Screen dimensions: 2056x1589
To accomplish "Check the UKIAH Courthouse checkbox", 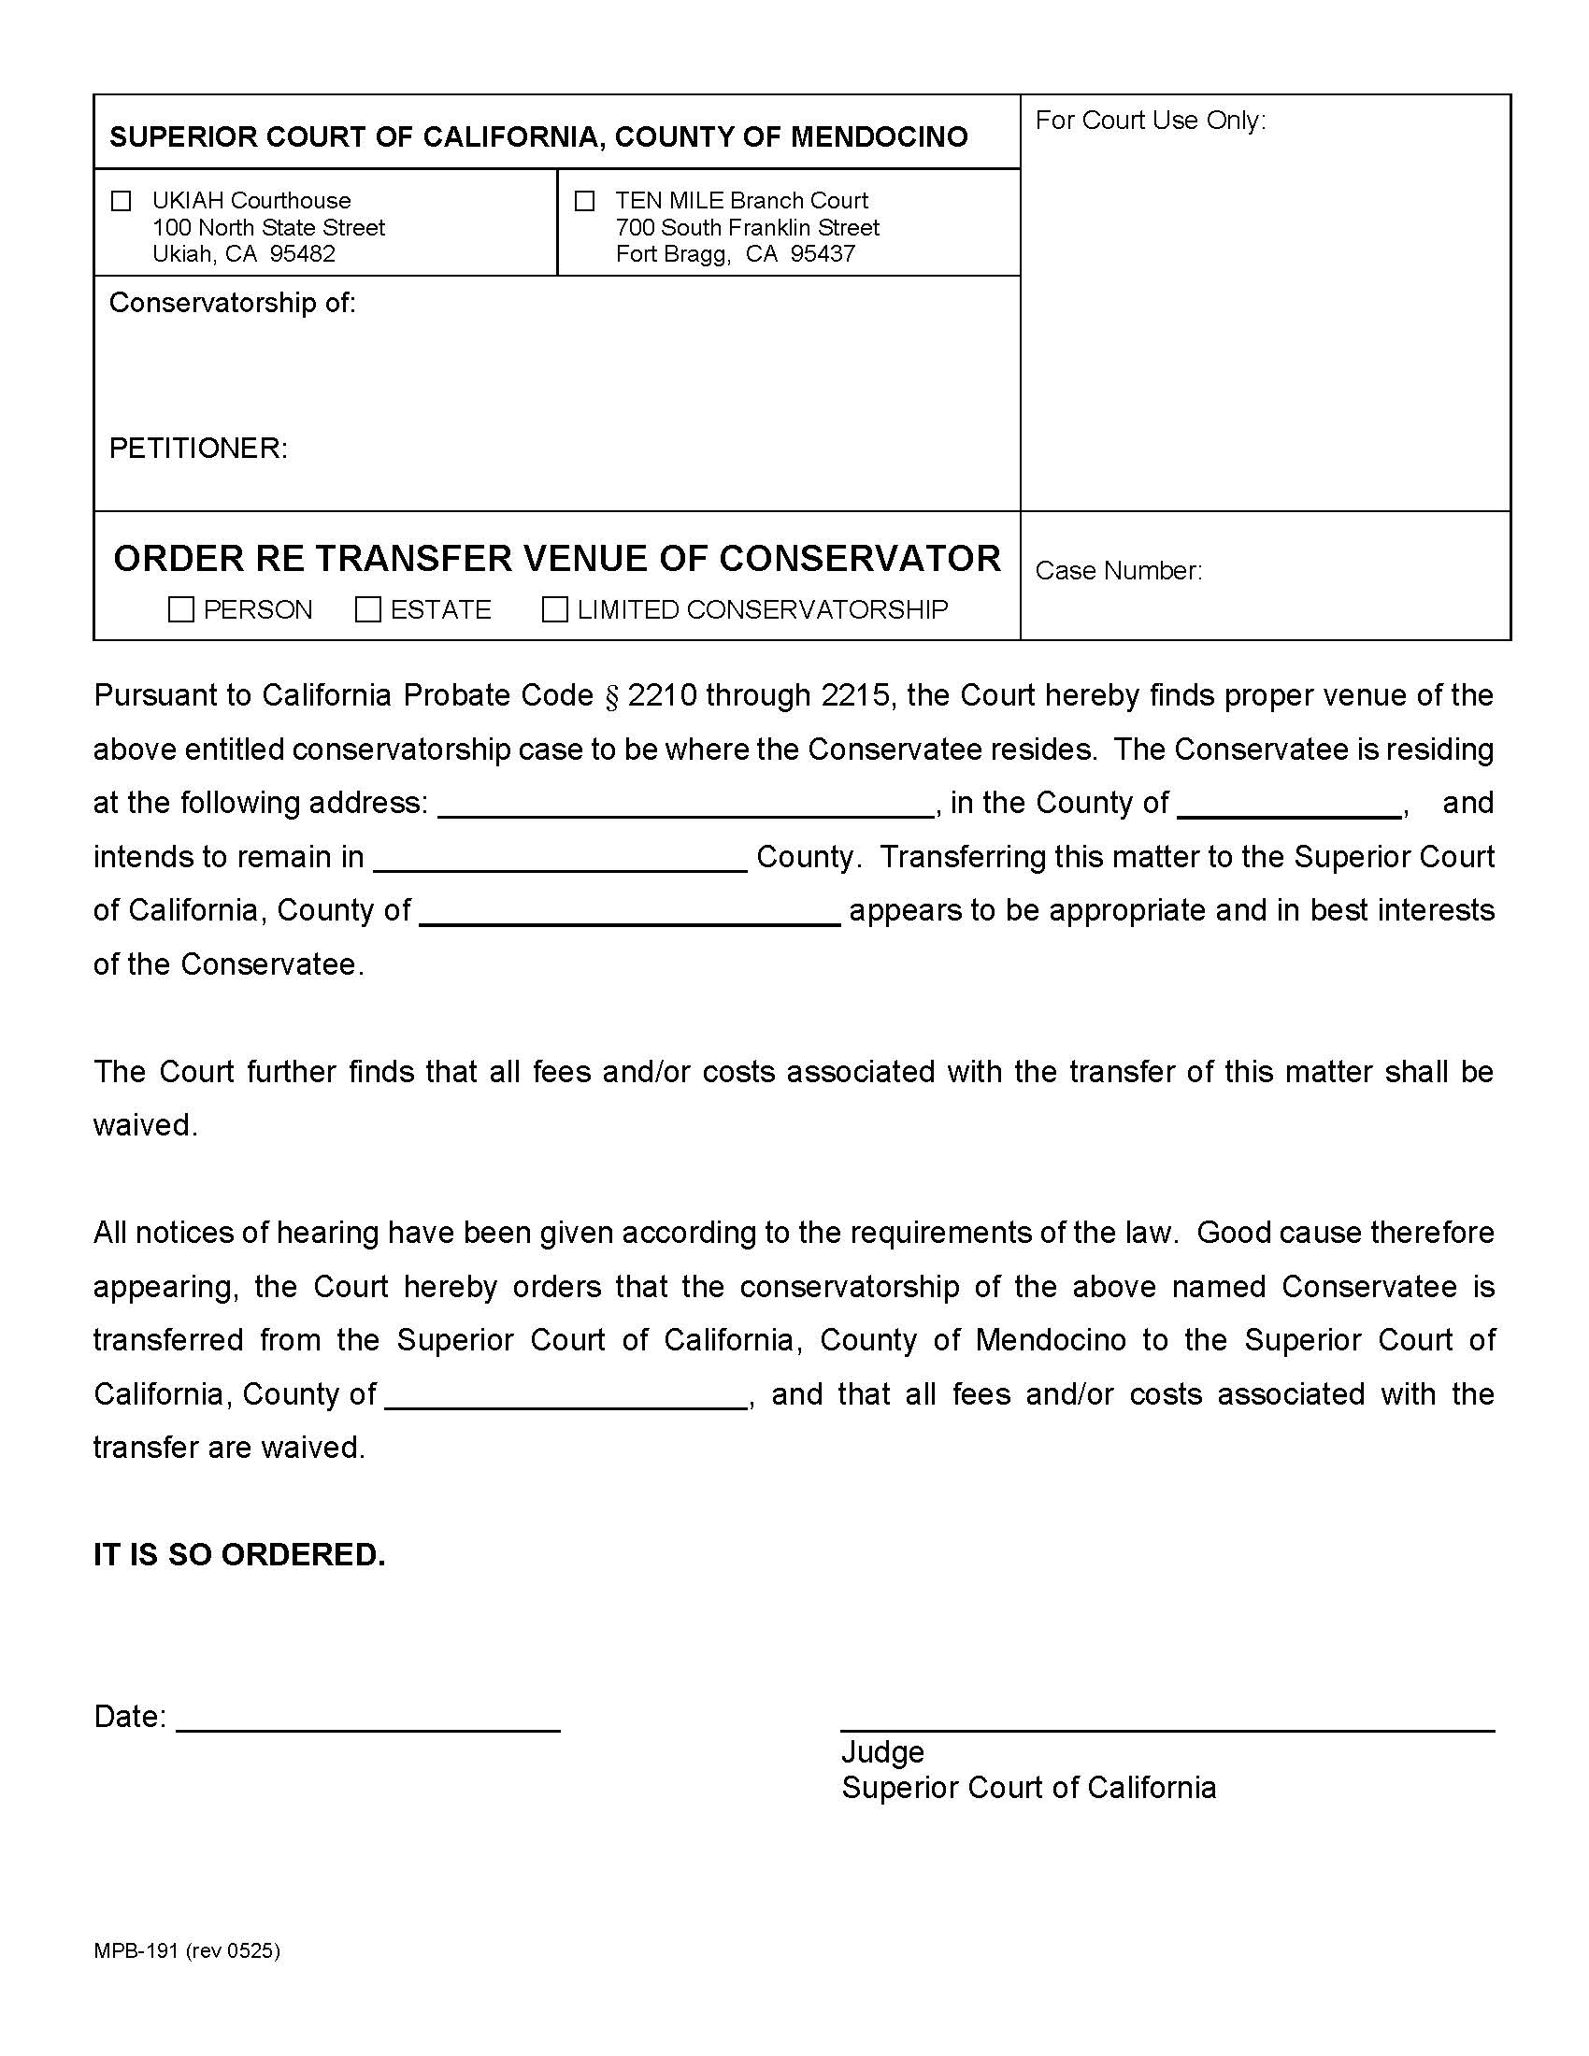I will coord(122,201).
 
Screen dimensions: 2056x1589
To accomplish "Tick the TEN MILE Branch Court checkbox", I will coord(584,201).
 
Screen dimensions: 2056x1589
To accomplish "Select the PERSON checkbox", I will coord(180,609).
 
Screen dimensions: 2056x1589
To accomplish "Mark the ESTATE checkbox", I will coord(368,609).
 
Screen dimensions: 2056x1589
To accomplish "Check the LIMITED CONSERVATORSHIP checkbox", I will coord(555,609).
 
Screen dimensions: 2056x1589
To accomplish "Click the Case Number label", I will coord(1118,570).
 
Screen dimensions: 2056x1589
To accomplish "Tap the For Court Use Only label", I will coord(1151,121).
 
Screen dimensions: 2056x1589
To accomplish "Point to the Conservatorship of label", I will coord(233,302).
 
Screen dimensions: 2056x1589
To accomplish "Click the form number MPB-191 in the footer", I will coord(136,1950).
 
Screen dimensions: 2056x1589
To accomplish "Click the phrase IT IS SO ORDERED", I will coord(239,1554).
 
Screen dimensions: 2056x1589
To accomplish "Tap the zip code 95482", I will coord(302,253).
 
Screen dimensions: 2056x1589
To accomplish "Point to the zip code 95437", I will coord(823,253).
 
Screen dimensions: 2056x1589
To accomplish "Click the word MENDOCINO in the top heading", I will coord(880,137).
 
